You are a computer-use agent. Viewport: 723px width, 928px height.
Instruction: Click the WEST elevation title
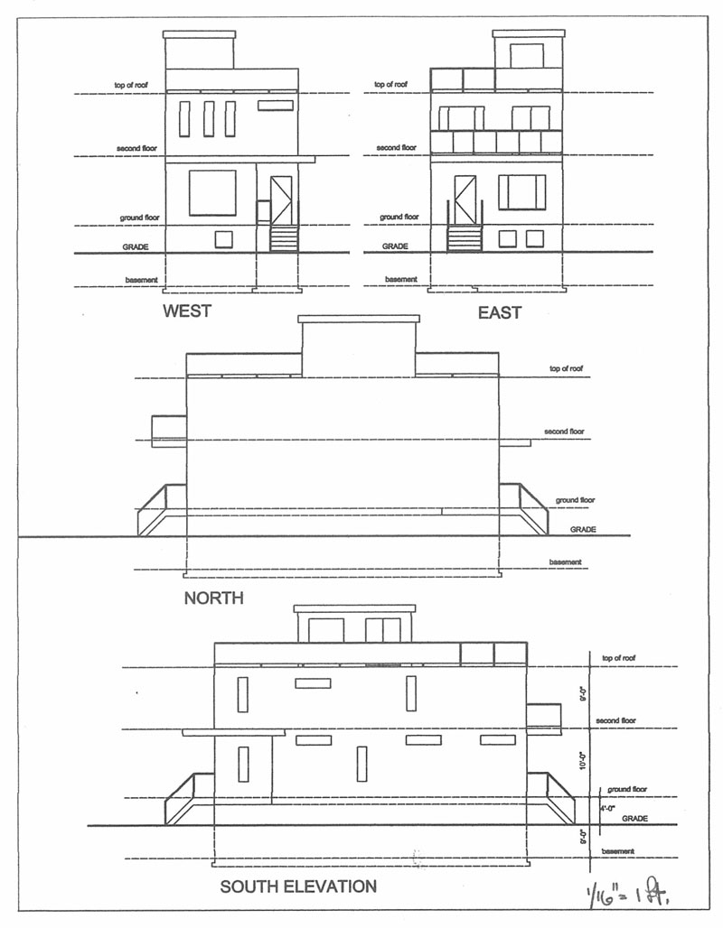187,311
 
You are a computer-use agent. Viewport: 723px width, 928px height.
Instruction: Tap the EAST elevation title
500,312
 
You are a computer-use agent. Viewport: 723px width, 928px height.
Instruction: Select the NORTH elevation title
213,598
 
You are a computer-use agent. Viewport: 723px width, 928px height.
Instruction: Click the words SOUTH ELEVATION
298,886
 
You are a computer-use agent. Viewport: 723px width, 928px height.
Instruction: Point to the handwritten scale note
627,892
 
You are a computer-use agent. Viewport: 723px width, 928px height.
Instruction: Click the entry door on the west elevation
281,200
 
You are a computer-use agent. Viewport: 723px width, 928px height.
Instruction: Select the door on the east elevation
465,200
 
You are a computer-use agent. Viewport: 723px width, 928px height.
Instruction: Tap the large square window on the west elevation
212,193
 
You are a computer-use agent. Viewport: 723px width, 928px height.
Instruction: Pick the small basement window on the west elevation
223,240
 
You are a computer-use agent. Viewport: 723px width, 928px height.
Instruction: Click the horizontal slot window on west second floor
276,106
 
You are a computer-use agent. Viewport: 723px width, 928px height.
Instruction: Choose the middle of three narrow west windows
209,119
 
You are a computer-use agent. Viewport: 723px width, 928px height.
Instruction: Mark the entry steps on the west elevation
284,238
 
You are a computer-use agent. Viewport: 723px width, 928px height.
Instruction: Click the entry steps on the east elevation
465,238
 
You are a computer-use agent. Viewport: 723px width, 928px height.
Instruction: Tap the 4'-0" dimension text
607,809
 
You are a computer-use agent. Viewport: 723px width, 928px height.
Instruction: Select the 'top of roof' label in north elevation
566,368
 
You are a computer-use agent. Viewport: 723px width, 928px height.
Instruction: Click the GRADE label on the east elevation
395,246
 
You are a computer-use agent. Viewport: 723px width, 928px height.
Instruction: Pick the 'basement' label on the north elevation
565,562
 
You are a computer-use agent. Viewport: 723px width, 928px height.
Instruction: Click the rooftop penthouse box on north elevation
359,347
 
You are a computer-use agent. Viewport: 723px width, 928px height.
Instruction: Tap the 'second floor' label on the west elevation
136,148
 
